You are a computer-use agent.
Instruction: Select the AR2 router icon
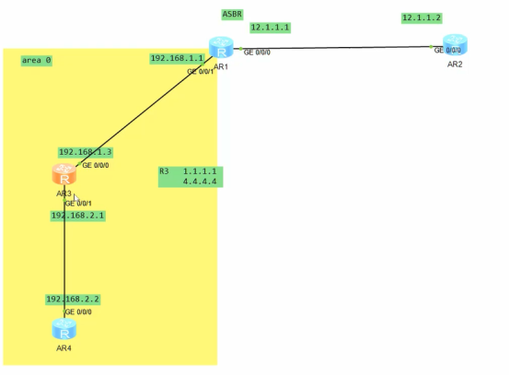point(454,45)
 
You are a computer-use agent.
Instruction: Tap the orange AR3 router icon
point(64,173)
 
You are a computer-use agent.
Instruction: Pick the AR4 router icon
point(64,329)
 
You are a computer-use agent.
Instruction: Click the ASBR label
point(232,14)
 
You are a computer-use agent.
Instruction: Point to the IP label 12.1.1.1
point(270,28)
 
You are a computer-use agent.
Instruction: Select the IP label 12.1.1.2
point(422,18)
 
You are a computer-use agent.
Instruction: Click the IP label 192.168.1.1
point(176,58)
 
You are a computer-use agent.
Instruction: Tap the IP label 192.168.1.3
point(86,152)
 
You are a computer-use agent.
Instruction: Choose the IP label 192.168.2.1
point(77,215)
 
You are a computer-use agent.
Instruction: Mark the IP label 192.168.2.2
point(73,300)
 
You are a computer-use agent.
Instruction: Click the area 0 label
point(37,60)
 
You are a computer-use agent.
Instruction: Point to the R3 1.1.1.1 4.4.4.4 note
point(190,176)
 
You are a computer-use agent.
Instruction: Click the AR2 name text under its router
point(455,65)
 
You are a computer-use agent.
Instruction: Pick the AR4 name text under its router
point(64,348)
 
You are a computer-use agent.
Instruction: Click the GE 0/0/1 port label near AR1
point(200,71)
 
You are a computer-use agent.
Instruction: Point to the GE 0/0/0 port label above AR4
point(78,312)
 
